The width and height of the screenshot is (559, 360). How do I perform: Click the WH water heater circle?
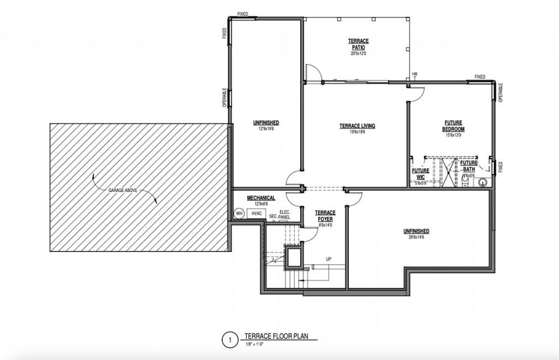pos(238,214)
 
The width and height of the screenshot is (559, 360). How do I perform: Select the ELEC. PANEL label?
pos(285,214)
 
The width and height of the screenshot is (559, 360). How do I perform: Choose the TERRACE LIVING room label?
pos(357,126)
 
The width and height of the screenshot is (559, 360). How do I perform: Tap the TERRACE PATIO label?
pos(358,44)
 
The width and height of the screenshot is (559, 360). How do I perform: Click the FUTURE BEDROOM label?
pos(454,126)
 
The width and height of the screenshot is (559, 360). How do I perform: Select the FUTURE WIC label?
pos(420,173)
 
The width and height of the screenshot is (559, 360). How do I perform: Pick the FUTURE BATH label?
pos(469,166)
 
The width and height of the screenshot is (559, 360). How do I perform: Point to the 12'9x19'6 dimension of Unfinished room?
pos(266,129)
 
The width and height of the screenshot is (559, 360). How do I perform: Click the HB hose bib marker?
pos(414,75)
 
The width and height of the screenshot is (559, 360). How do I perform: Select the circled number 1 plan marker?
pos(229,340)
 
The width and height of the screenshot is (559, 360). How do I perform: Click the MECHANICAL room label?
pos(261,197)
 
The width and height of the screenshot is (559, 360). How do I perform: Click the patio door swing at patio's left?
pos(312,73)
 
